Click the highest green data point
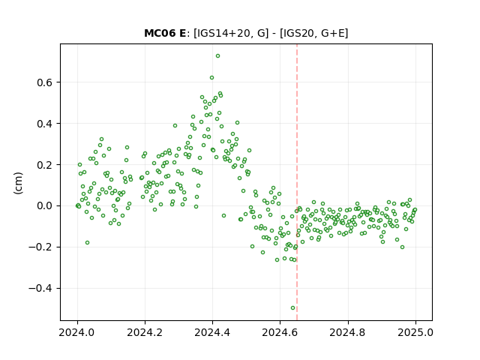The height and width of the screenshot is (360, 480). coord(217,56)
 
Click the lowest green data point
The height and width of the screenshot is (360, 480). coord(293,308)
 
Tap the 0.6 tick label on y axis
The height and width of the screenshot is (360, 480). coord(45,82)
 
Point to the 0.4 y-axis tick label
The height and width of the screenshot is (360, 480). coord(45,124)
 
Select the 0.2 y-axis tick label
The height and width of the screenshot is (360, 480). coord(45,165)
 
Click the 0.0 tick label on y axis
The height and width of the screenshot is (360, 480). coord(45,206)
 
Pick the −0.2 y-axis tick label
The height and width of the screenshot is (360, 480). coord(40,247)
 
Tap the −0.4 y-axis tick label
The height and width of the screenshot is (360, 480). coord(40,288)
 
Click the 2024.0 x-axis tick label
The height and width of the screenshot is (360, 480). coord(76,332)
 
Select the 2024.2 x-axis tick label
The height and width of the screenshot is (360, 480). coord(145,332)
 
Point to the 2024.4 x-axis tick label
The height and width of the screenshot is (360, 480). coord(212,332)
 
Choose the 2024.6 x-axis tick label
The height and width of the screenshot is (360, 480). coord(280,332)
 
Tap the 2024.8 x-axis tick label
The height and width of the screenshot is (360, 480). coord(347,332)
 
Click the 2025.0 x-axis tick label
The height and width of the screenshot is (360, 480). coord(415,332)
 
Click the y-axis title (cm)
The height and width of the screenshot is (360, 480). coord(18,183)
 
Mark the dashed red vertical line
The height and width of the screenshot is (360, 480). coord(297,182)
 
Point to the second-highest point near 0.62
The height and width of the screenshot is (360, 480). coord(211,78)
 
